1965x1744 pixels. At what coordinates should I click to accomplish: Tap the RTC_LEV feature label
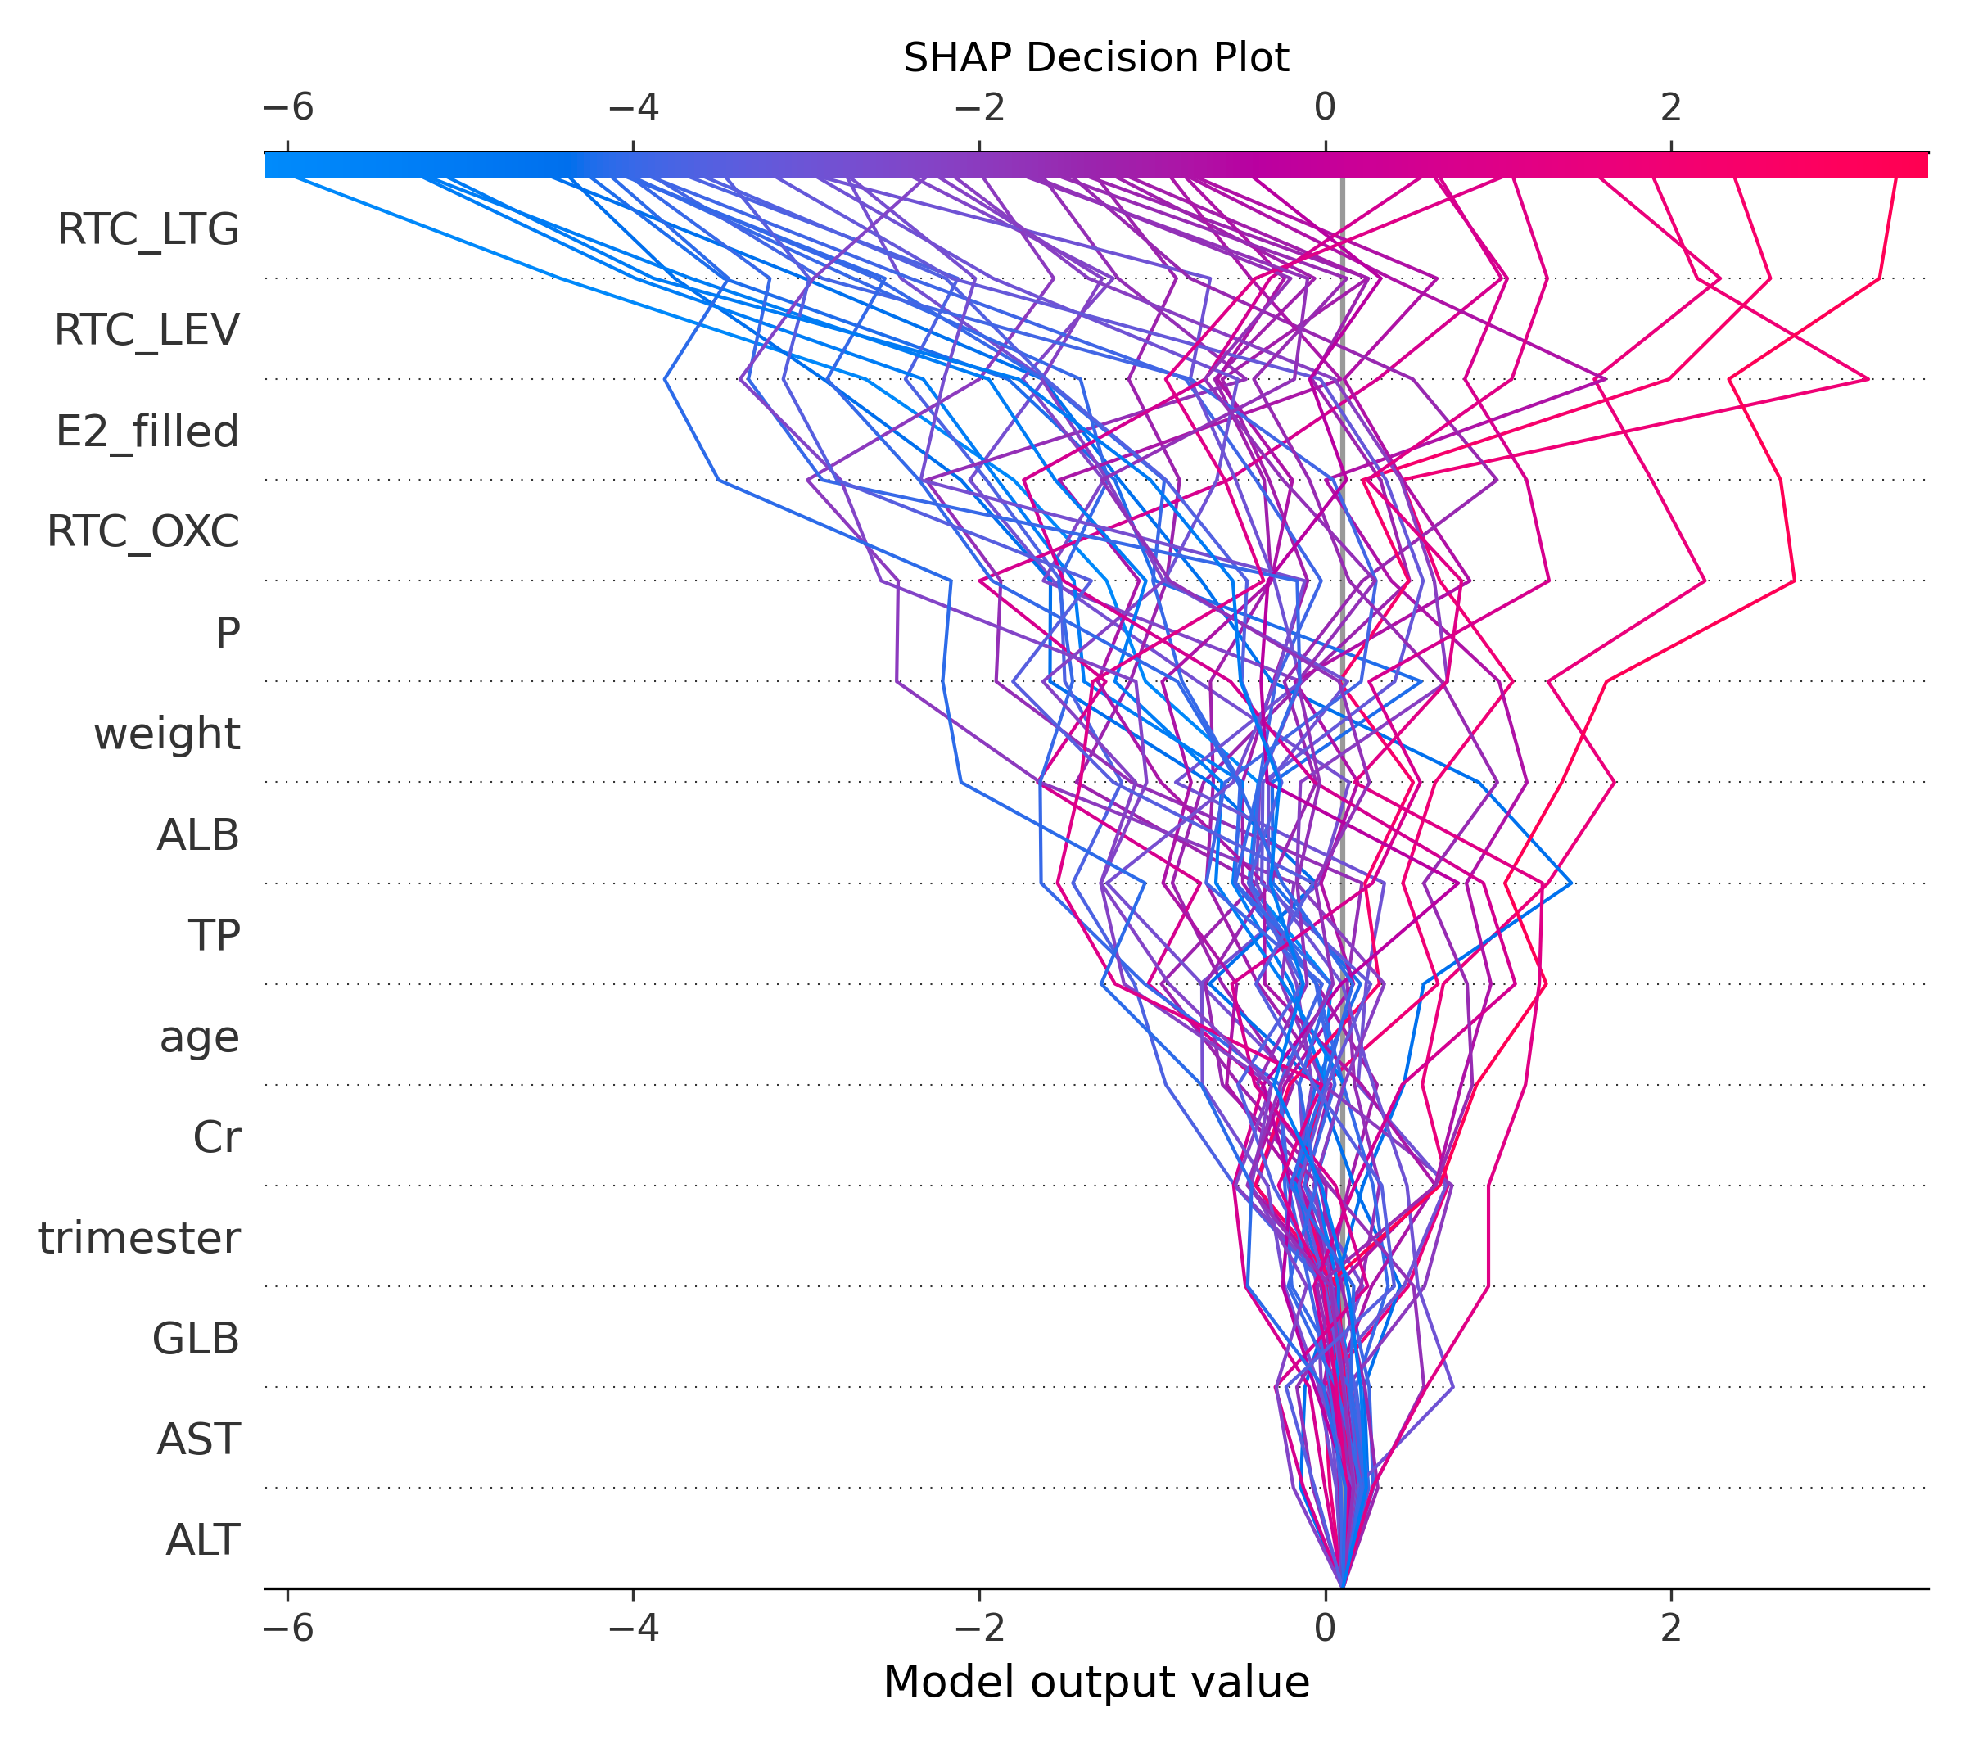pos(146,330)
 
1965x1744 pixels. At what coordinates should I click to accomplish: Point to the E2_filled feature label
pos(147,431)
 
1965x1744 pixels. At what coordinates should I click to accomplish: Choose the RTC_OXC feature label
pos(143,531)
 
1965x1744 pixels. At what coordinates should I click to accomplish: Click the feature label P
pos(227,633)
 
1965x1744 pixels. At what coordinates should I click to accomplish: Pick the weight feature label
pos(166,734)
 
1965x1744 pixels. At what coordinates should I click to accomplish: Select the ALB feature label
pos(198,834)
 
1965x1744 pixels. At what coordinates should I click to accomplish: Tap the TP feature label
pos(214,934)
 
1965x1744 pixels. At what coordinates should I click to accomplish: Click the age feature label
pos(199,1037)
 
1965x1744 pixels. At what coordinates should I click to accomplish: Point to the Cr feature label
pos(216,1136)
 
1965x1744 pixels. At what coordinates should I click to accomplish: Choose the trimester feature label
pos(139,1237)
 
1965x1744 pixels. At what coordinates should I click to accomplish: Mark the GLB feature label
pos(196,1338)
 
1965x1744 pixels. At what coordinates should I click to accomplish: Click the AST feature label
pos(198,1439)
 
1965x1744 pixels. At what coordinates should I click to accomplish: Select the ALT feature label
pos(202,1540)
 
